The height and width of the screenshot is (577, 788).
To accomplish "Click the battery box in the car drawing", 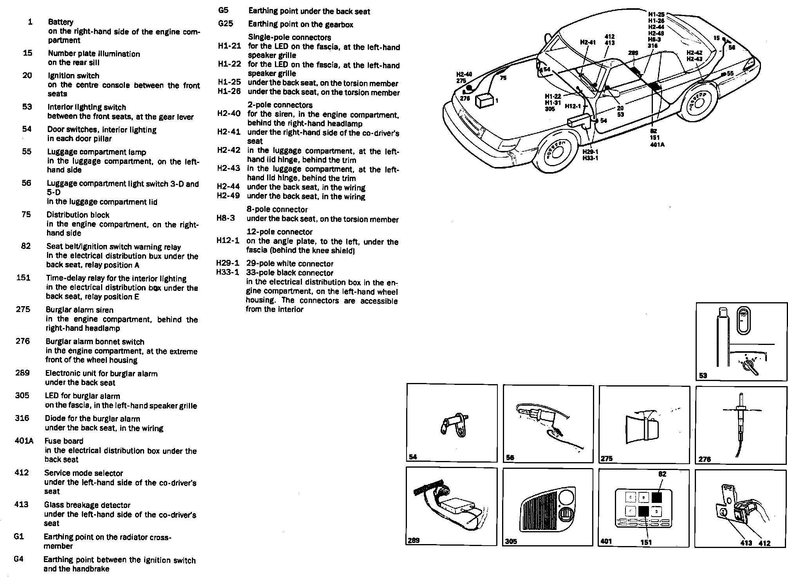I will [x=484, y=101].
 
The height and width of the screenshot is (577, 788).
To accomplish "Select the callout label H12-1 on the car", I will [x=572, y=106].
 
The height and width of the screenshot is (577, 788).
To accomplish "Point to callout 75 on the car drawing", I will [x=503, y=78].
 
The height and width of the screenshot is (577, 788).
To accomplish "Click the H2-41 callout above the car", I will [x=587, y=42].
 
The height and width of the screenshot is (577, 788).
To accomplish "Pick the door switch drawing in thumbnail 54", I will [x=452, y=426].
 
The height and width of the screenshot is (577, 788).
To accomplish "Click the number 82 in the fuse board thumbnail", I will [x=662, y=474].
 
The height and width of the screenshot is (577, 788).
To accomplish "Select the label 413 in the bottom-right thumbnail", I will [x=746, y=543].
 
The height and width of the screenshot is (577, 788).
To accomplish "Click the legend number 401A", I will [x=24, y=441].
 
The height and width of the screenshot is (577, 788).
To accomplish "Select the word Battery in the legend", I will [x=60, y=22].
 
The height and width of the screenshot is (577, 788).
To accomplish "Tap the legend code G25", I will [x=226, y=24].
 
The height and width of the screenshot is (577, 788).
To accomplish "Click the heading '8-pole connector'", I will [x=277, y=209].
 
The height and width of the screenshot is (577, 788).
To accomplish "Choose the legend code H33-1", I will [x=228, y=272].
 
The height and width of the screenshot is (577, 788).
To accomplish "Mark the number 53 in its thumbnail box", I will [x=703, y=376].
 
